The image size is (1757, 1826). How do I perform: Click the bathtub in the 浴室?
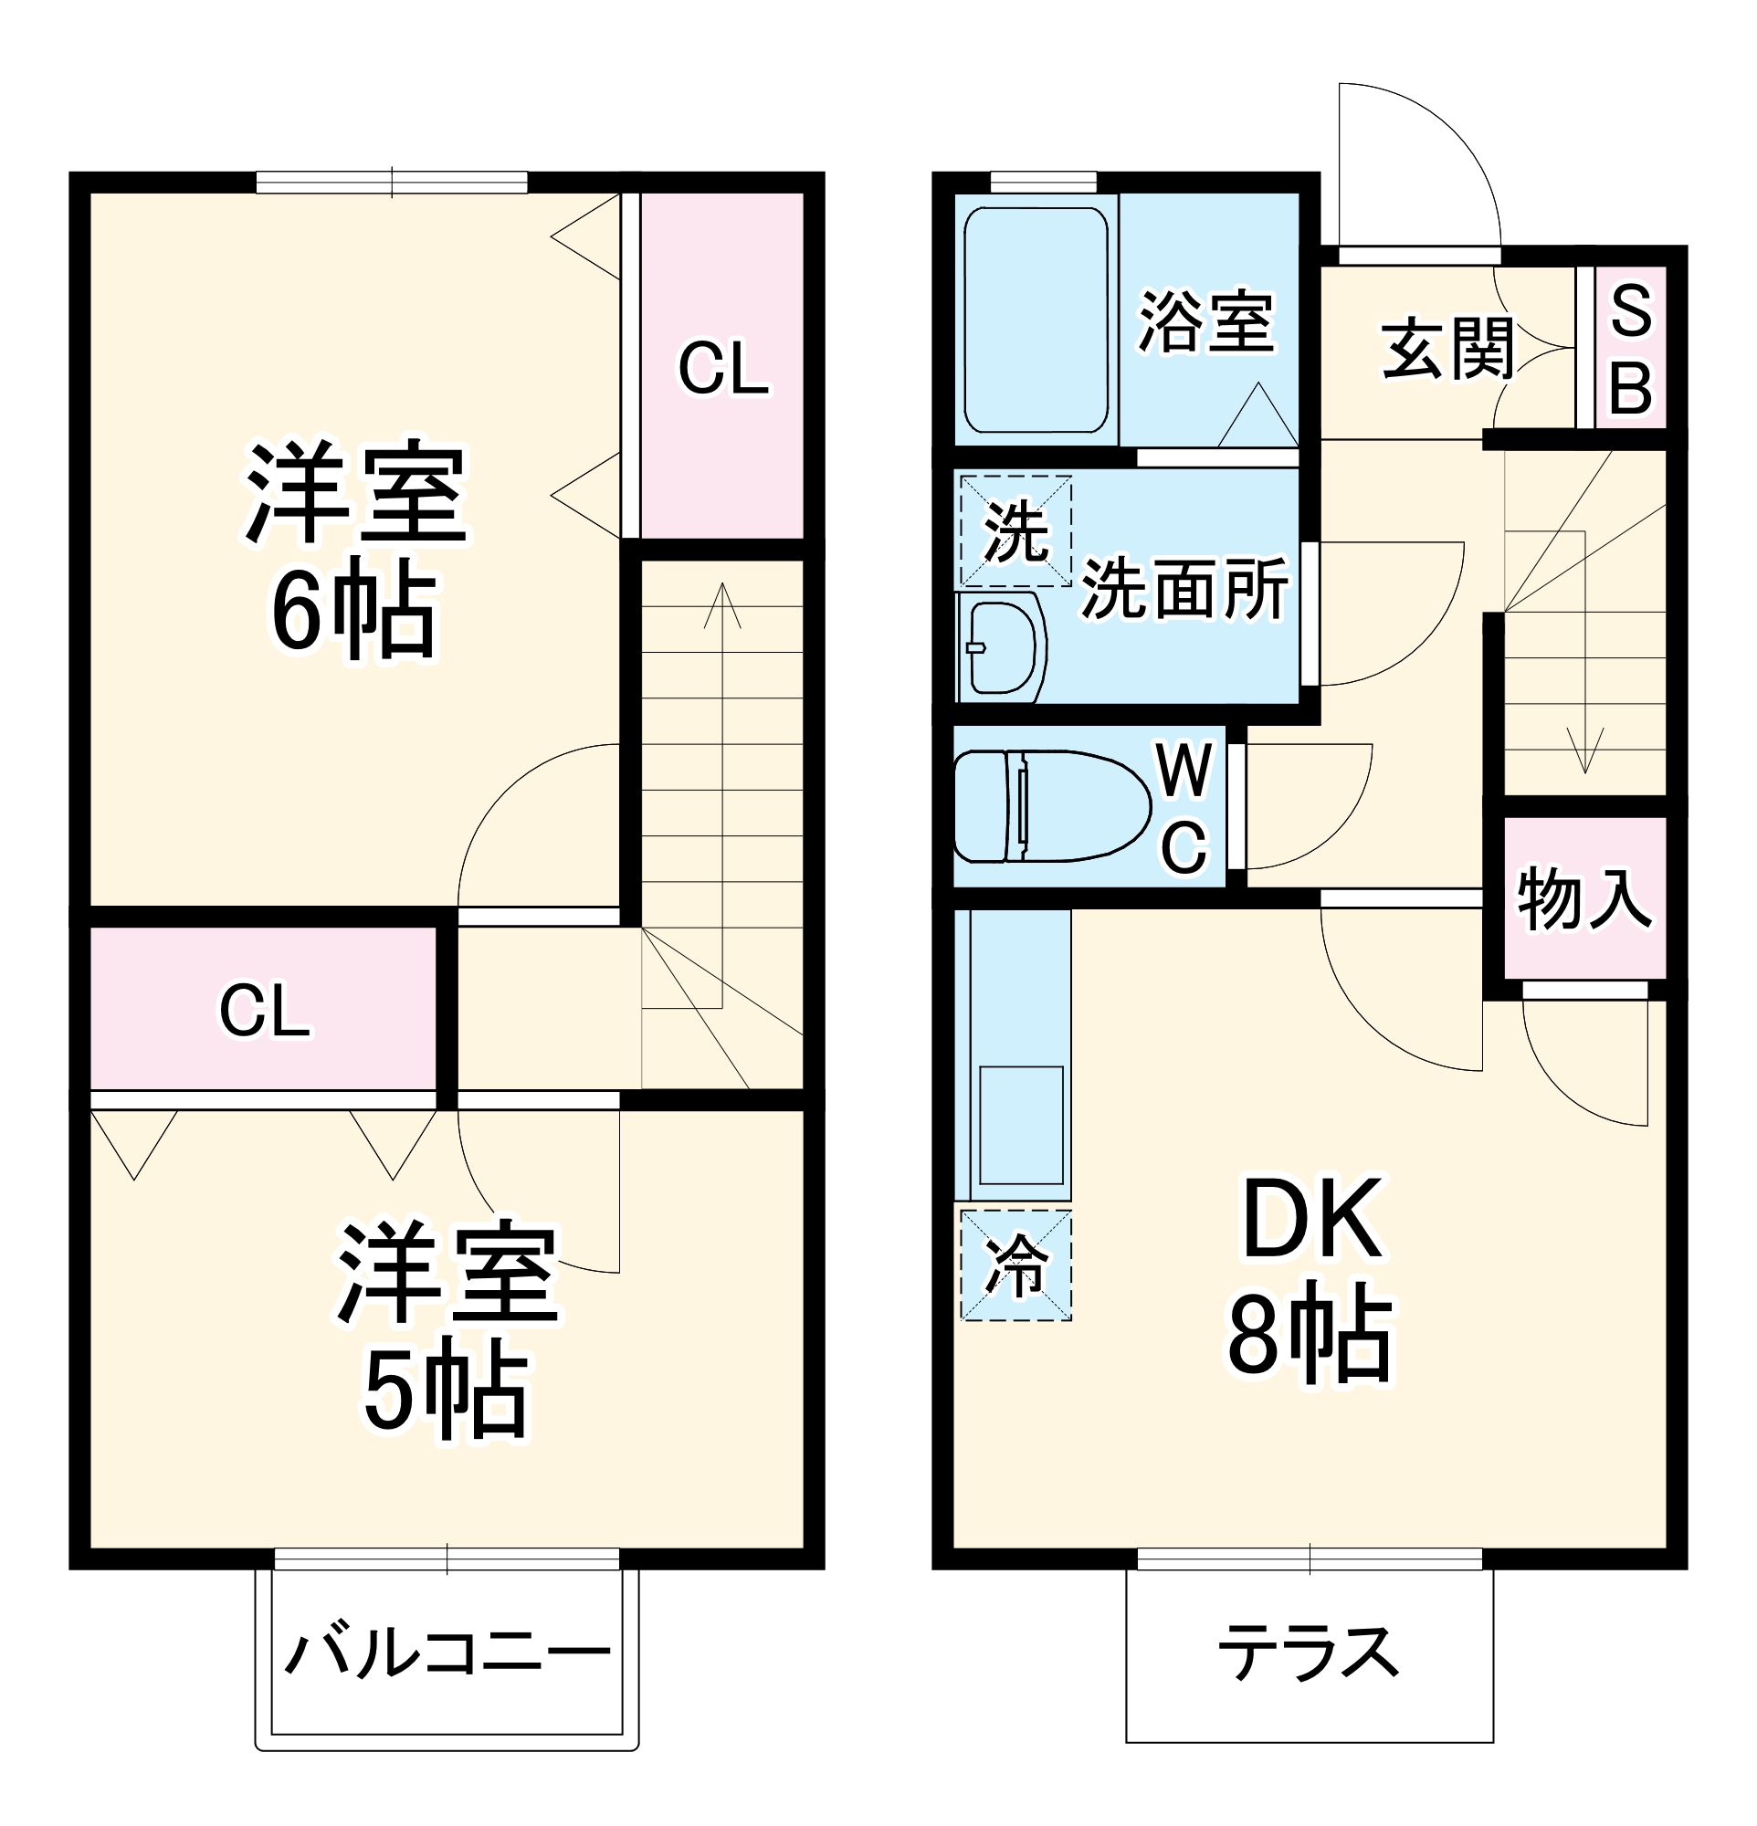click(1035, 320)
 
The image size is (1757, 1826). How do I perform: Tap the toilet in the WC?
click(1051, 806)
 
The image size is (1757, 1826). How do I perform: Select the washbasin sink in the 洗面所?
click(1002, 648)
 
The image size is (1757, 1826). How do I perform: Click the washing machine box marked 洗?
click(1015, 531)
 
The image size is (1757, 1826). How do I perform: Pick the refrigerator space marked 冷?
click(1015, 1265)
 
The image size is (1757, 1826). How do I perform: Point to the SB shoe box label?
click(1630, 349)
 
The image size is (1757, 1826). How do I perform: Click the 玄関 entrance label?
click(1447, 351)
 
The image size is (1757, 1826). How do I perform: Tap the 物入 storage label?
click(1583, 898)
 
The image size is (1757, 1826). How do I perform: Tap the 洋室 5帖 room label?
click(447, 1328)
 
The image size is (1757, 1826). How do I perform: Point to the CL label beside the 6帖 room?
click(723, 369)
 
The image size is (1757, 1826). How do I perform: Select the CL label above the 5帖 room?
click(264, 1011)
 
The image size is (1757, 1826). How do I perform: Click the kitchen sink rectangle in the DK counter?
click(1021, 1125)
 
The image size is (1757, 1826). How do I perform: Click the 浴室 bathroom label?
click(1205, 322)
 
